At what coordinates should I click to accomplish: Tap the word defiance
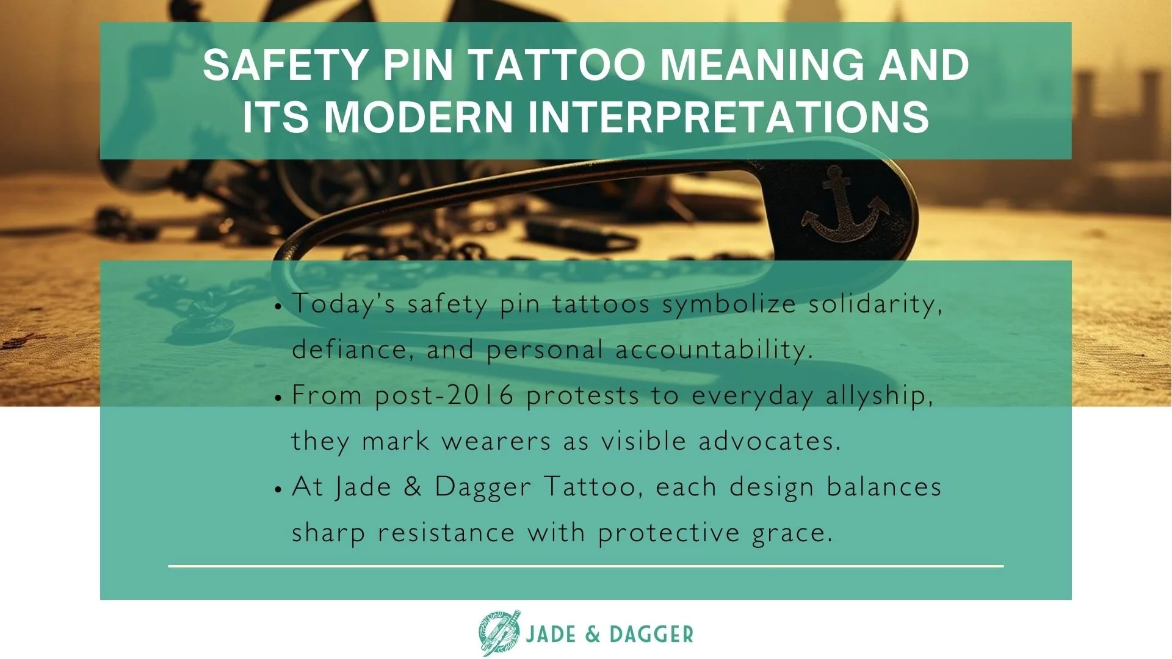[x=349, y=350]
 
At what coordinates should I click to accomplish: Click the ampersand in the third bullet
[x=413, y=487]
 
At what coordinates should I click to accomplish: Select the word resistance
[x=446, y=533]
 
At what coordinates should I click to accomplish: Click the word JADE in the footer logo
[x=551, y=635]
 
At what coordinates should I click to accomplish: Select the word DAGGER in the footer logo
[x=651, y=635]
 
